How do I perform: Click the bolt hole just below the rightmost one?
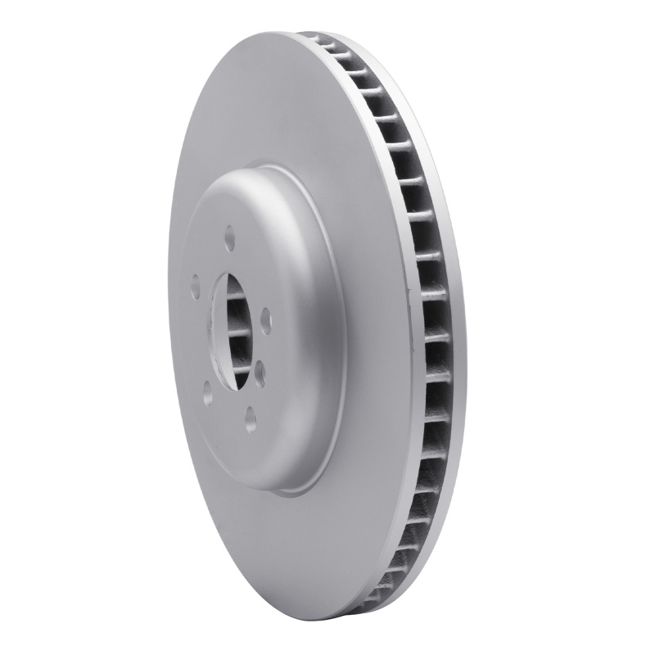(260, 373)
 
